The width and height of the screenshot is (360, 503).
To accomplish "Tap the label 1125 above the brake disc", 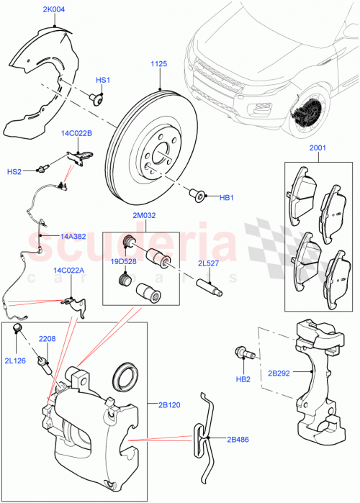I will pyautogui.click(x=158, y=65).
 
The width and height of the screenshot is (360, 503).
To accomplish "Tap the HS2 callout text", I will pyautogui.click(x=14, y=171).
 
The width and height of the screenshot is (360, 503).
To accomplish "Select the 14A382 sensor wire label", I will pyautogui.click(x=73, y=235).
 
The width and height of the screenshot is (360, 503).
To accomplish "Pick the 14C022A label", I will pyautogui.click(x=68, y=271).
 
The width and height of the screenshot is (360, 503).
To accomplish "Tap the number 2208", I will pyautogui.click(x=48, y=337).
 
